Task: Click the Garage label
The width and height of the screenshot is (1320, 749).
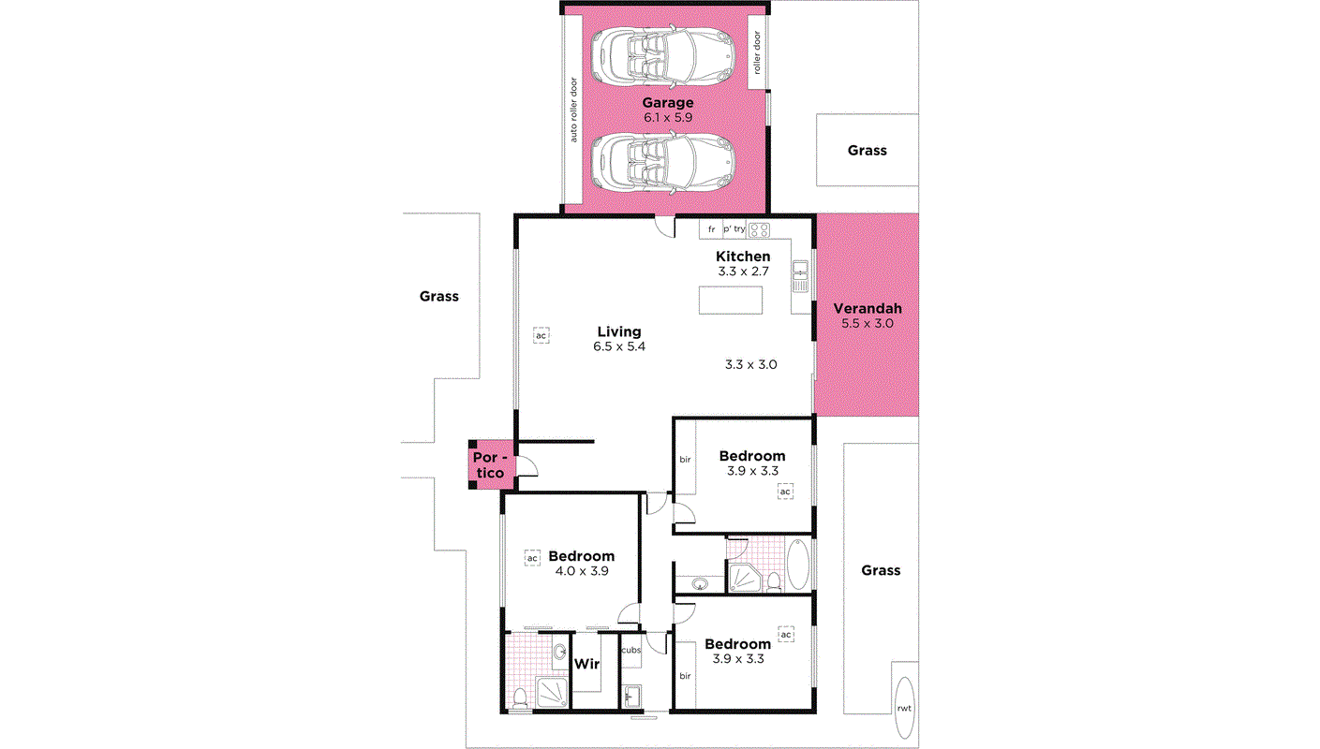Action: (x=667, y=103)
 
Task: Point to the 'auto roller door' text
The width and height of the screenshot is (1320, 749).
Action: (x=573, y=110)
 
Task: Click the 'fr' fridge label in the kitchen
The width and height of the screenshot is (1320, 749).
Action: (x=711, y=229)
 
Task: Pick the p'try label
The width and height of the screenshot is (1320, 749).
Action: (x=734, y=229)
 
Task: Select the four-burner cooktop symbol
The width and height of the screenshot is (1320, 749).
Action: (x=759, y=229)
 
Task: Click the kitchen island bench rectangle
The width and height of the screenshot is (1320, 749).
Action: (x=731, y=301)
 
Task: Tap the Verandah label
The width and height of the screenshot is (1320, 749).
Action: (x=868, y=308)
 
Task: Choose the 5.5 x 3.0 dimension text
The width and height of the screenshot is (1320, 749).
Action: (x=868, y=323)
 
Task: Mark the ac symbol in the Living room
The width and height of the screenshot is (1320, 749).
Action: (x=541, y=334)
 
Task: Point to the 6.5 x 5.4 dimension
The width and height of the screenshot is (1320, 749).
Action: (x=619, y=346)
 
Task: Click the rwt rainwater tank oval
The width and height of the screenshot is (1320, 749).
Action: (x=904, y=707)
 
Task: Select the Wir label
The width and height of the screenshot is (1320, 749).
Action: (x=586, y=664)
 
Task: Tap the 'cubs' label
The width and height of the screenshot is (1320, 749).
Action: (x=630, y=650)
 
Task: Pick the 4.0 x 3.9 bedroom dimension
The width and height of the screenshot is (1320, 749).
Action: (x=581, y=570)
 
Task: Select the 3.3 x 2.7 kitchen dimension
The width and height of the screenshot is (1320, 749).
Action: (x=743, y=272)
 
